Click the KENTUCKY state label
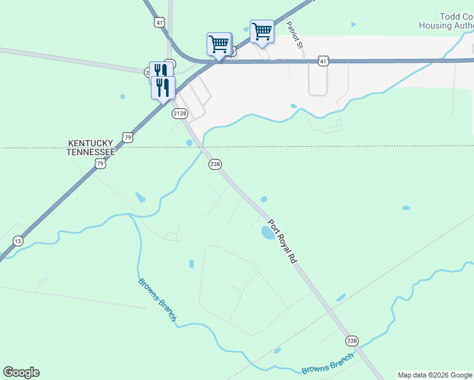(91, 144)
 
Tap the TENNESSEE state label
(92, 153)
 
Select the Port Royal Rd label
(282, 241)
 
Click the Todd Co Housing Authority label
(447, 22)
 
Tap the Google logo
(21, 372)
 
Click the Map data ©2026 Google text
(435, 375)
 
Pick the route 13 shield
(18, 241)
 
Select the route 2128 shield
(180, 113)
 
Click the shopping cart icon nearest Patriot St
(262, 30)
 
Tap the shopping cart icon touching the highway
(219, 44)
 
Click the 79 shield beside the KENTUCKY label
(129, 137)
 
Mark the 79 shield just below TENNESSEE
(100, 163)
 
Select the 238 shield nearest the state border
(215, 164)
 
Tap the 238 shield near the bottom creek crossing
(352, 341)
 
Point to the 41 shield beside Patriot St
(323, 61)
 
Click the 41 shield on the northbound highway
(159, 22)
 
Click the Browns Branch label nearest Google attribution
(327, 364)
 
